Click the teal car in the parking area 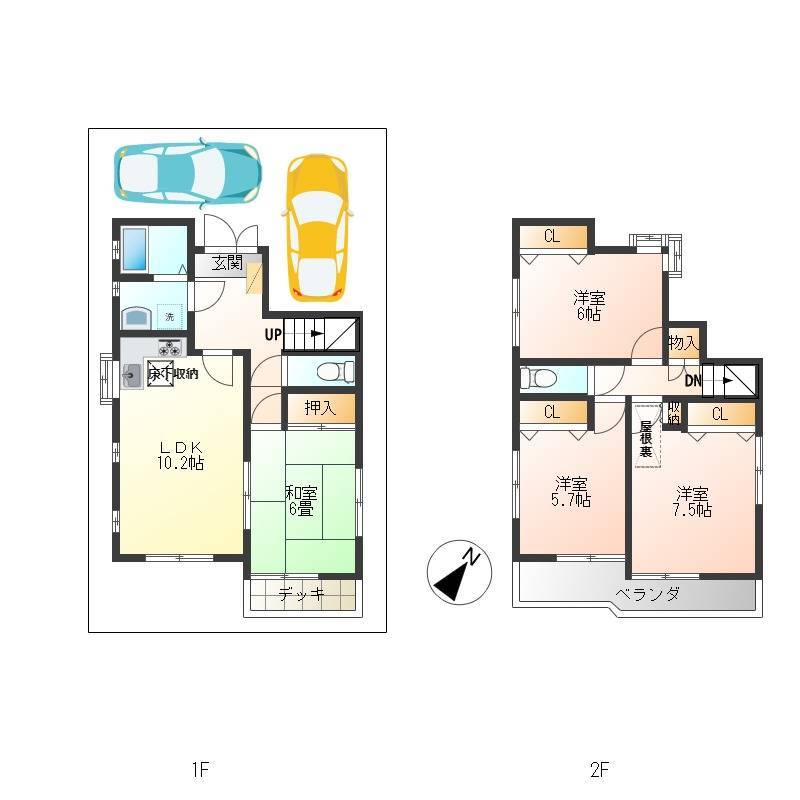coord(187,173)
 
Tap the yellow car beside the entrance coord(318,228)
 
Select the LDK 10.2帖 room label coord(181,455)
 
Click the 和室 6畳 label coord(301,501)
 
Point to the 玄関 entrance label coord(227,263)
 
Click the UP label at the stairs coord(273,335)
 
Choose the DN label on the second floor coord(693,381)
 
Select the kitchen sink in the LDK coord(132,377)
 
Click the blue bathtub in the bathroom coord(135,249)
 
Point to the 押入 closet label coord(320,408)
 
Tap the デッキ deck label coord(302,593)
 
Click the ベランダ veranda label coord(647,594)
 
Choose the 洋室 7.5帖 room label coord(692,502)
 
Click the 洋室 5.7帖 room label coord(571,492)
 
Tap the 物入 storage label coord(683,342)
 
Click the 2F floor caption coord(599,769)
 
